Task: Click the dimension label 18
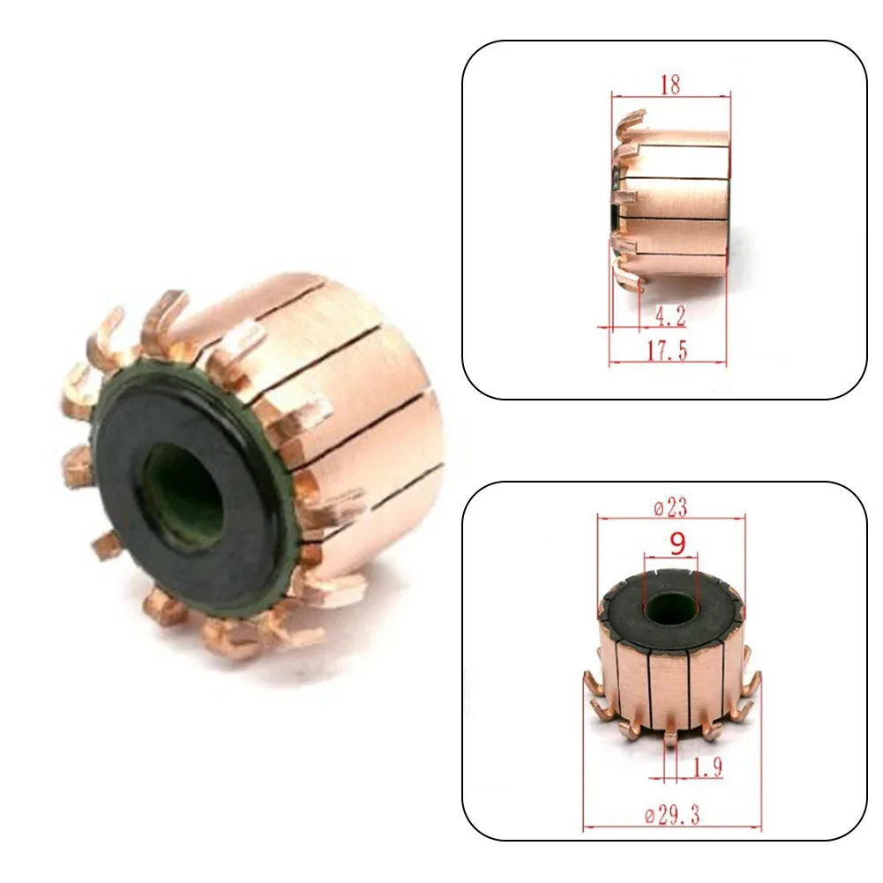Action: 670,85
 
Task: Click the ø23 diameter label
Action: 671,507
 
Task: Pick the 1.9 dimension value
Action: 707,767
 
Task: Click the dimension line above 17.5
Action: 668,363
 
